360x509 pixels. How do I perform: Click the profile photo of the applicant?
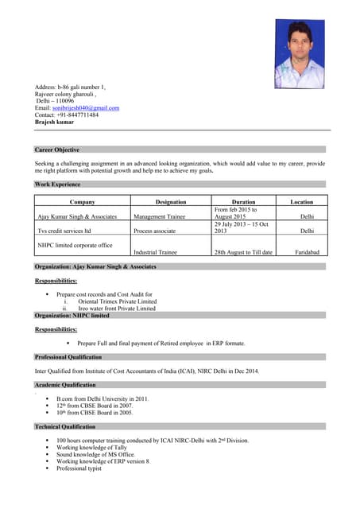300,54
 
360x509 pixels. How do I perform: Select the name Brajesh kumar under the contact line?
54,122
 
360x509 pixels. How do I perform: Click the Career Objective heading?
57,150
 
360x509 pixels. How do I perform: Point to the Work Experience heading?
57,185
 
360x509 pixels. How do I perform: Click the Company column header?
82,202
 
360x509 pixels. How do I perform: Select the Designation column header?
171,202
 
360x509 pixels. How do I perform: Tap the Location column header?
301,202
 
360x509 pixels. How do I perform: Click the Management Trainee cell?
160,216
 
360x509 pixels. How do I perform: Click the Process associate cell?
154,231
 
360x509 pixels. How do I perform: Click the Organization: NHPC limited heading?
72,316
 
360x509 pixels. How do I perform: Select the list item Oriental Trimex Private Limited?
117,301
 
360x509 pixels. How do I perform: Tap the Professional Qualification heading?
74,357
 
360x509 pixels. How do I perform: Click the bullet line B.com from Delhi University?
103,398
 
